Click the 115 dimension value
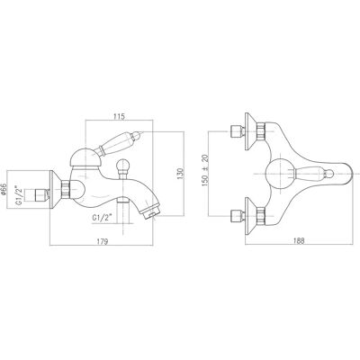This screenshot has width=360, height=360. (x=119, y=117)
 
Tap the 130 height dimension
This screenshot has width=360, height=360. (x=180, y=174)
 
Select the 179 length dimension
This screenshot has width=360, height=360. (x=103, y=241)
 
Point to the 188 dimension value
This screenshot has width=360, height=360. (x=299, y=240)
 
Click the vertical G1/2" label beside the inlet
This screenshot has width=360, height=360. (x=19, y=195)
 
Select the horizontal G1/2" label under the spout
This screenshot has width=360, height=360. (x=102, y=218)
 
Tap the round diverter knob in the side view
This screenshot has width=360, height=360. (x=122, y=166)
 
